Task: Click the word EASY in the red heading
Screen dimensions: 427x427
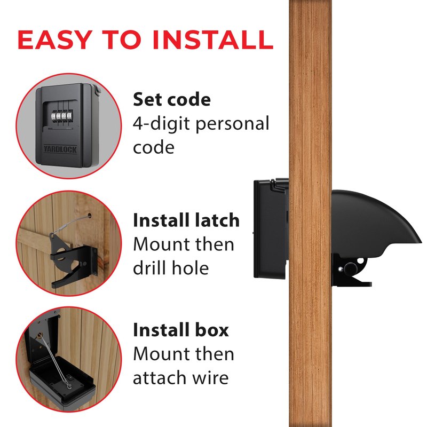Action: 54,39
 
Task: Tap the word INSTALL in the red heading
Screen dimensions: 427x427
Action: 213,39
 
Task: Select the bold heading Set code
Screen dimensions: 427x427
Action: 172,99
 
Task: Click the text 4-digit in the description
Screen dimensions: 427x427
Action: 161,124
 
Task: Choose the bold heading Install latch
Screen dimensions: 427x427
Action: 186,220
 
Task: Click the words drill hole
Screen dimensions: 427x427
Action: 171,268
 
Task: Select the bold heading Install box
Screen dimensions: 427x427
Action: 181,330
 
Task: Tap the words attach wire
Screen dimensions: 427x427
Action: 181,378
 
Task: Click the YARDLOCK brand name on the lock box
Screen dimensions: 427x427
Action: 60,149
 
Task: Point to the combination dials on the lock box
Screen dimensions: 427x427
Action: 61,116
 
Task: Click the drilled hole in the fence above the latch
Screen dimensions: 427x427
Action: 89,216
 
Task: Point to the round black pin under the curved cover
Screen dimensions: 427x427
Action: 350,269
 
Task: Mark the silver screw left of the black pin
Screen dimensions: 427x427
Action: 340,270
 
